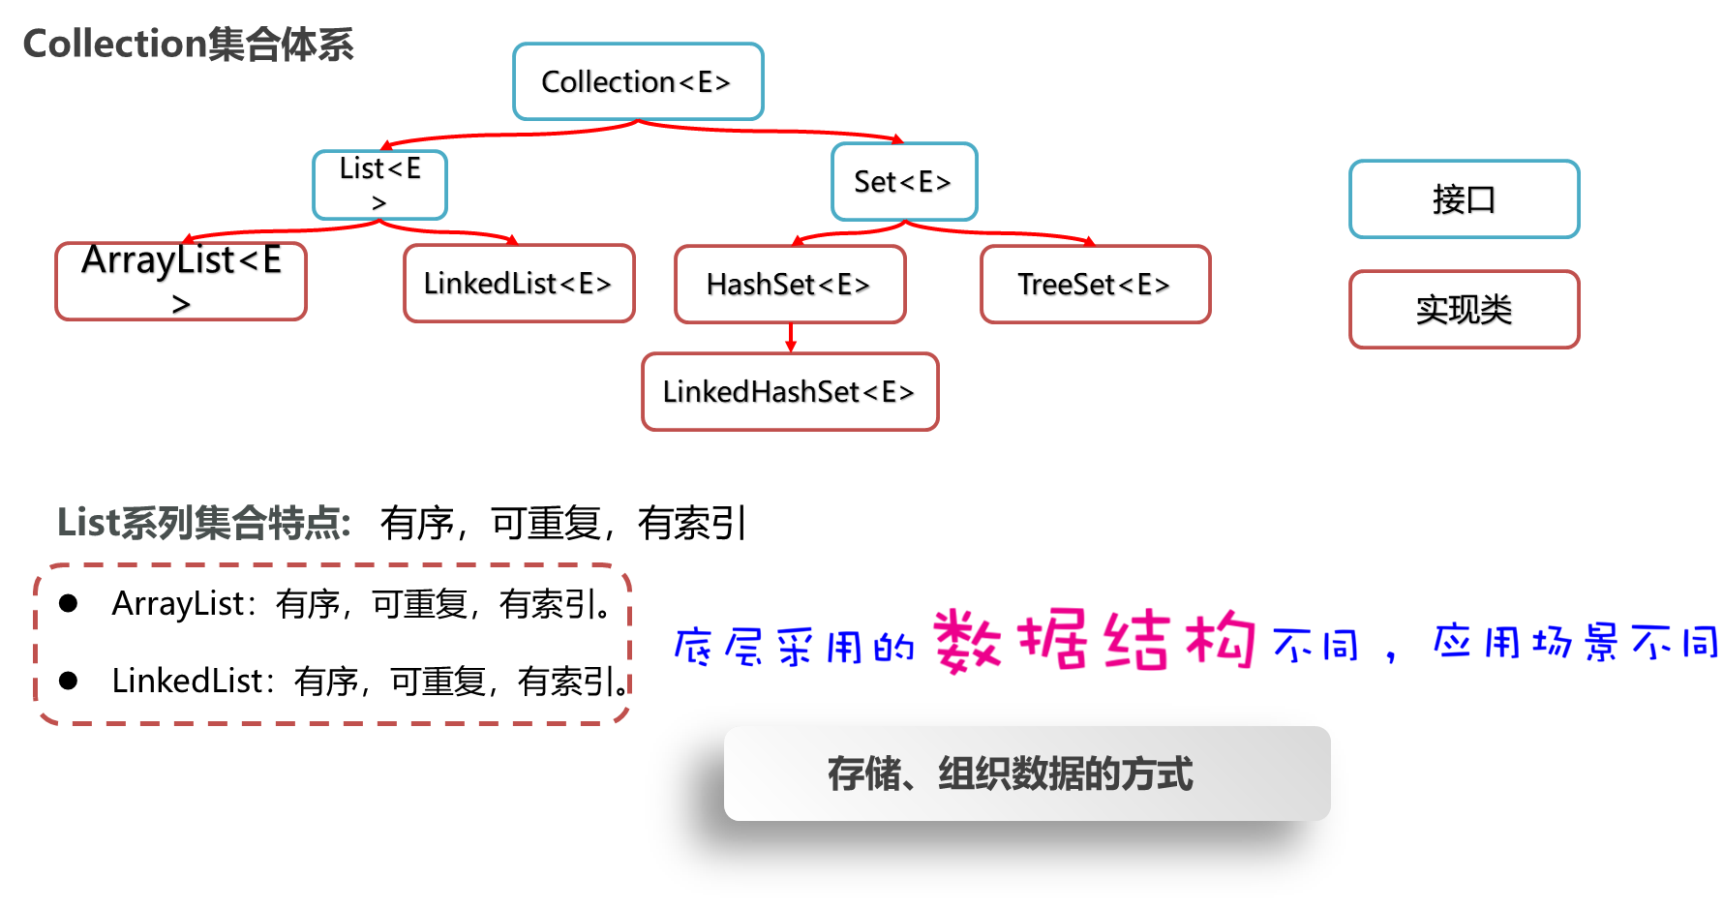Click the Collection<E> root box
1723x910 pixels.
[638, 81]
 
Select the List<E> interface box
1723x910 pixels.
[379, 184]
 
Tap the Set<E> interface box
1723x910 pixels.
[904, 182]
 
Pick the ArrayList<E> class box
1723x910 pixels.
[181, 281]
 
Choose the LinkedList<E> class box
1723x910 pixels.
[519, 283]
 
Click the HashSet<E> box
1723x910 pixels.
[790, 284]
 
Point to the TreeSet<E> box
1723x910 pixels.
[1095, 284]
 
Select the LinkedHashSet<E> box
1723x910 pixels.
[790, 391]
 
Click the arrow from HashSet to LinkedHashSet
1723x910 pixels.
[791, 338]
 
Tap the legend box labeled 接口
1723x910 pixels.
[1464, 199]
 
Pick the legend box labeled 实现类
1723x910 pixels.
[1464, 309]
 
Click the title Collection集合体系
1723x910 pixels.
[188, 45]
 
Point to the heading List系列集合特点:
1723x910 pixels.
[203, 523]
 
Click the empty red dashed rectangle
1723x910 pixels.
[332, 644]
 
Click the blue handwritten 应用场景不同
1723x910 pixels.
[1574, 642]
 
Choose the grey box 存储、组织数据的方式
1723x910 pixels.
[1027, 773]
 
